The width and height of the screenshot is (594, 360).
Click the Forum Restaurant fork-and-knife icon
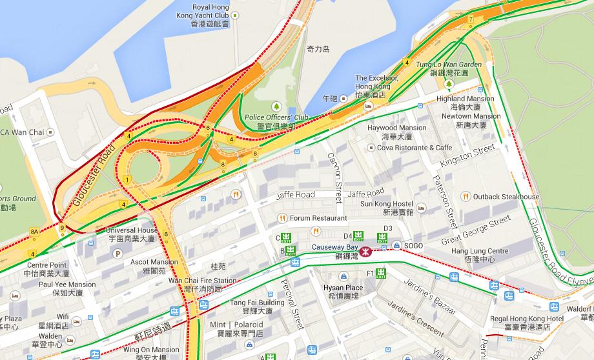click(x=282, y=218)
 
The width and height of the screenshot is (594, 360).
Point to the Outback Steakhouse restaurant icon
click(x=465, y=196)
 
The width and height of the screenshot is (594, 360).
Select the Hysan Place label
click(x=344, y=292)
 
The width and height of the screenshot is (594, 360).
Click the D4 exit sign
click(x=359, y=236)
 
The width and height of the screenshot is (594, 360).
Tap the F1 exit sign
click(x=381, y=274)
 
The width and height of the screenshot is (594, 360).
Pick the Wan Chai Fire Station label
click(x=202, y=285)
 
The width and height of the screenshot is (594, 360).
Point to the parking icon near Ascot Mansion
click(x=117, y=254)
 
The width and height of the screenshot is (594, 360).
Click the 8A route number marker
click(x=34, y=231)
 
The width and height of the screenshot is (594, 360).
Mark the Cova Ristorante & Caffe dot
click(x=371, y=147)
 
